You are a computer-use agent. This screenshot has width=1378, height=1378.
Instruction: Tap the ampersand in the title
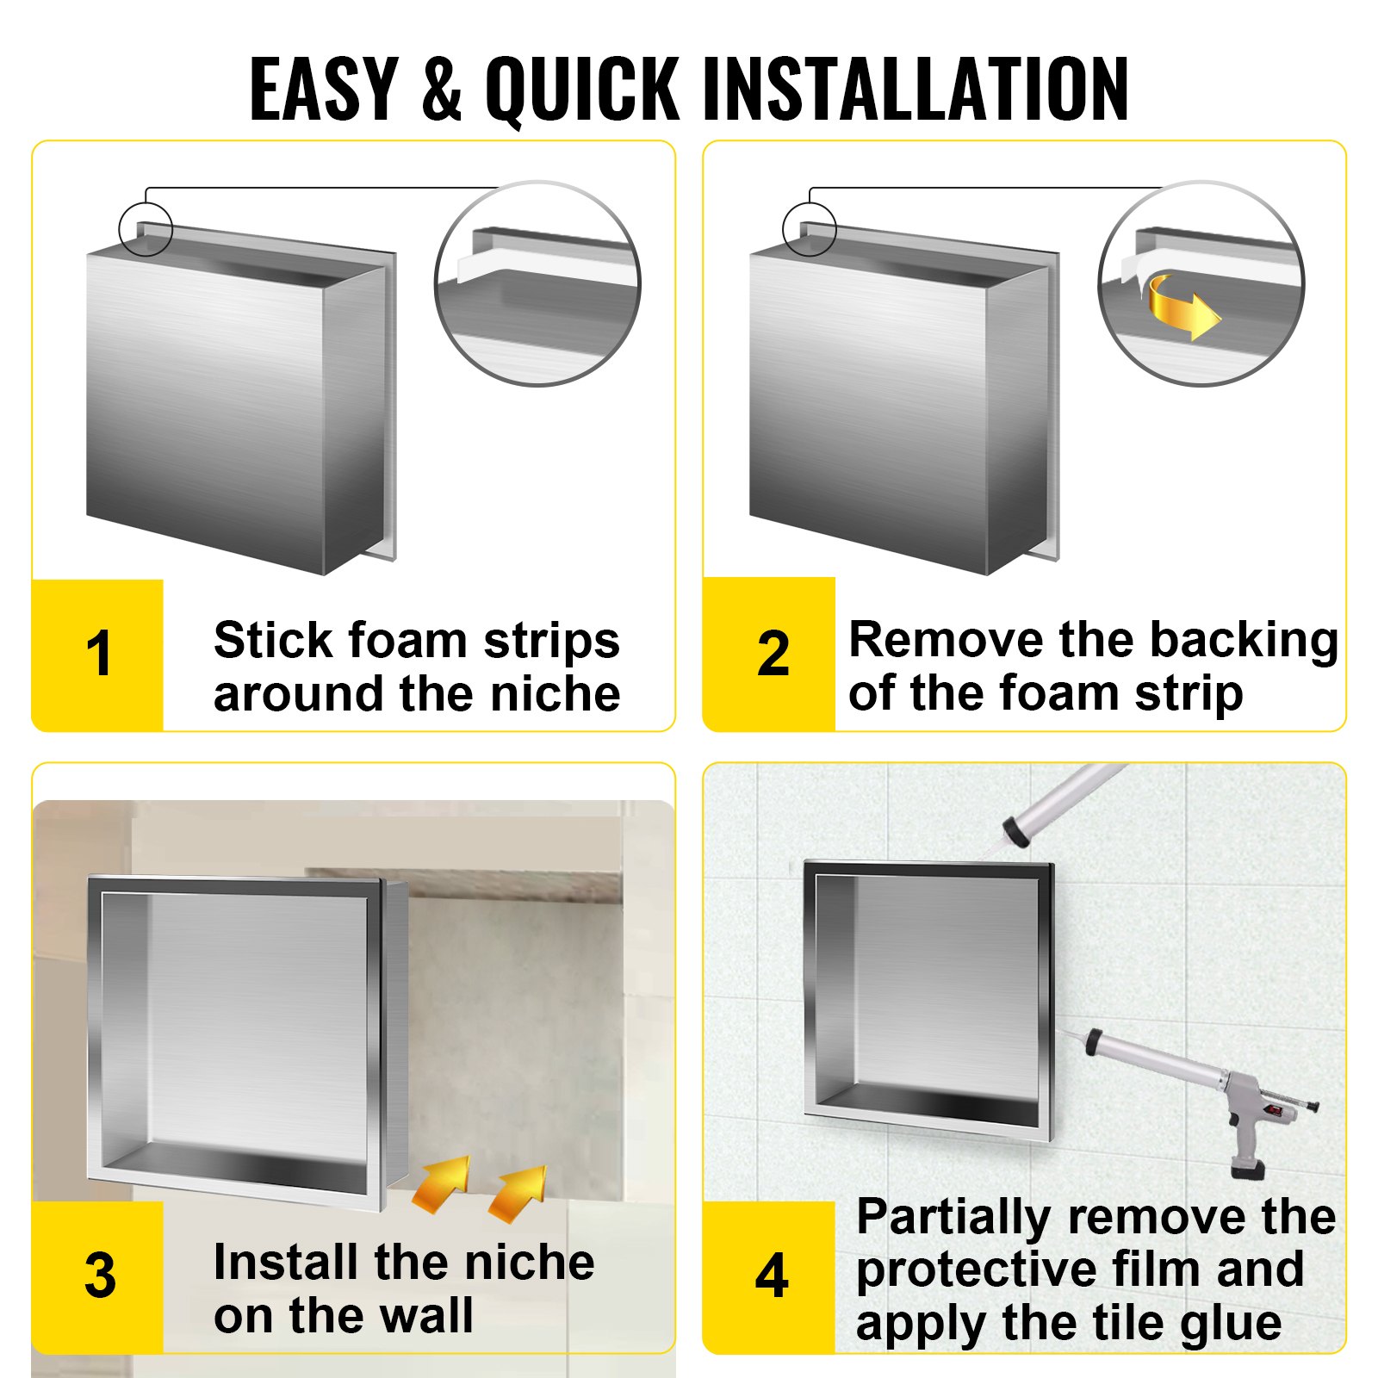point(442,89)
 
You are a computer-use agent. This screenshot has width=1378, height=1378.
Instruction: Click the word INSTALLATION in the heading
point(916,89)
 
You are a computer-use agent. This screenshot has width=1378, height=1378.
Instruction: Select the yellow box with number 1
point(97,655)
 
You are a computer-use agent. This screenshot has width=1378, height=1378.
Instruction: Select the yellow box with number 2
point(769,655)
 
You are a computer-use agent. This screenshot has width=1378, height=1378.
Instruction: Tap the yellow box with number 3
point(97,1276)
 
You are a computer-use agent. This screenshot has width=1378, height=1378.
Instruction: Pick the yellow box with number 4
point(769,1276)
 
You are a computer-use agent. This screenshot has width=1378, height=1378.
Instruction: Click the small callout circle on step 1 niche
point(146,229)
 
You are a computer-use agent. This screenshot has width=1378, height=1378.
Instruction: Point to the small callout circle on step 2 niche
point(809,229)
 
